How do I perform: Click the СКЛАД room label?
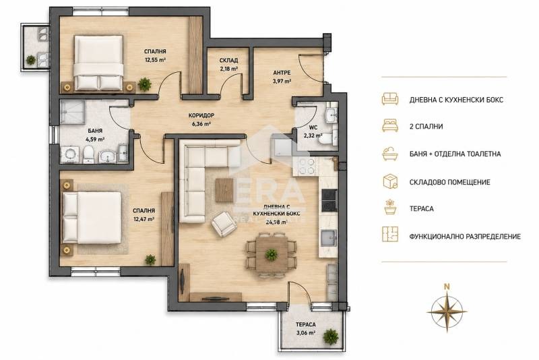coord(228,61)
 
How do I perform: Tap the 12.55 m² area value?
coord(155,59)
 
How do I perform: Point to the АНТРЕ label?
coord(282,73)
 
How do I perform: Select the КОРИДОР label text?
coord(201,115)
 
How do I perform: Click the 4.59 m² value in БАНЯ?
coord(94,140)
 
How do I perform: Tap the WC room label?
coord(313,127)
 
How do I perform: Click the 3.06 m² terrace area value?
coord(306,333)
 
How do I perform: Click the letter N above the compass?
coord(447,286)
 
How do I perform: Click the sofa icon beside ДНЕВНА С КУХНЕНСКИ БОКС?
coord(390,98)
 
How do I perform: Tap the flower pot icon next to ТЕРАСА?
coord(390,208)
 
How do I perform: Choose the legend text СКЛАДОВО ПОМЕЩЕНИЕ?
coord(449,182)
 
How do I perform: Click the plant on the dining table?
coord(272,254)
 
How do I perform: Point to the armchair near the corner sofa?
coord(223,224)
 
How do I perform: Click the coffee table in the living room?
coord(224,191)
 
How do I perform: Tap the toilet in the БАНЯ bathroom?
coord(88,154)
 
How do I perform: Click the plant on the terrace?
coord(331,334)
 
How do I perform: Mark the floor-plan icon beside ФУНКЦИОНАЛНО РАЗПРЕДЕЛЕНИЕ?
coord(390,234)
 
